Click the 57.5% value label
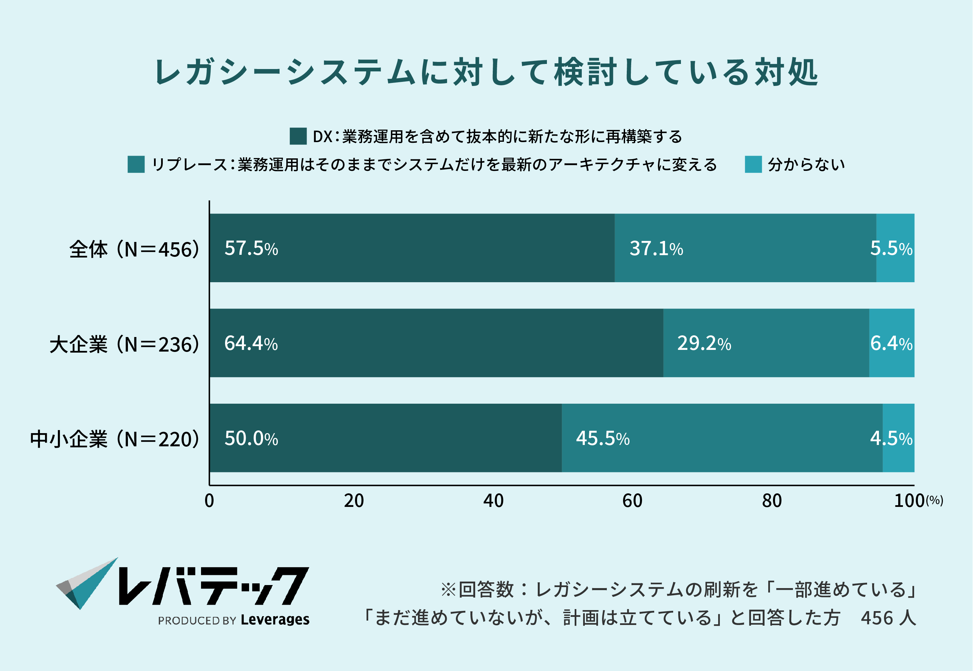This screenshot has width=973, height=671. click(x=251, y=248)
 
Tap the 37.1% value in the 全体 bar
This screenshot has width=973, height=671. click(x=656, y=248)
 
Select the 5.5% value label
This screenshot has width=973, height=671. click(x=891, y=248)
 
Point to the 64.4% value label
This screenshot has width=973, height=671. click(x=251, y=343)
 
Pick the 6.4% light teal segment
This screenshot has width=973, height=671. click(x=891, y=343)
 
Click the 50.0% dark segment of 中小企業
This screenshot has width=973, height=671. click(x=385, y=438)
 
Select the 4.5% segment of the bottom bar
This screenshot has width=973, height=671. click(x=898, y=438)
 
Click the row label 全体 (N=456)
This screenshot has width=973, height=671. click(x=134, y=249)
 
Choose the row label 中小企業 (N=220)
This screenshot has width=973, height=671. click(x=114, y=439)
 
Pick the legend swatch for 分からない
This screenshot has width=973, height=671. click(x=753, y=164)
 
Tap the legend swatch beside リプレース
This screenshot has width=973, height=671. click(x=136, y=164)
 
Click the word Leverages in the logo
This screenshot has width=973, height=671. click(x=275, y=619)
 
